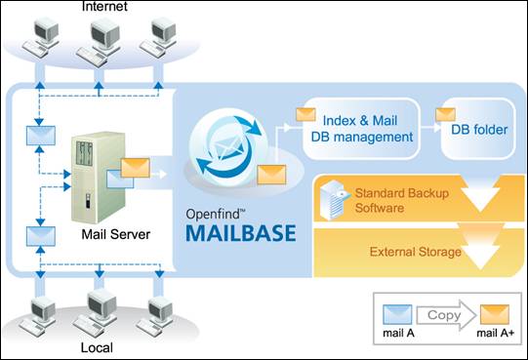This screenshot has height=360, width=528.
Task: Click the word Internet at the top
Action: pos(104,7)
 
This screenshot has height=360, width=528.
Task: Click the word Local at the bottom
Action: pos(97,348)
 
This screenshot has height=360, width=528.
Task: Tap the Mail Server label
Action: pos(116,234)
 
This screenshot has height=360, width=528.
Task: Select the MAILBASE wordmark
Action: pos(241,233)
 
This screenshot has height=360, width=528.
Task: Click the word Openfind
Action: pos(213,215)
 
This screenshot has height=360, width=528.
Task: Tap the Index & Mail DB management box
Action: pos(362,129)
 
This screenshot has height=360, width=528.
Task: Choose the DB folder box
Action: pos(478,129)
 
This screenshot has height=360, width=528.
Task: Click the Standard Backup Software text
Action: pos(402,200)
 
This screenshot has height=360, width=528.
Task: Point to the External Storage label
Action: pos(415,252)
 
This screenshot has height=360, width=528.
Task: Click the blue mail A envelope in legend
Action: pos(397,314)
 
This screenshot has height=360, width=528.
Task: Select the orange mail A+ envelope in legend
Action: pos(495,314)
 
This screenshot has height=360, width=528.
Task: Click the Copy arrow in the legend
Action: pos(446,315)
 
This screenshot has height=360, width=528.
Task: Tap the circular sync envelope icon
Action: pos(229,146)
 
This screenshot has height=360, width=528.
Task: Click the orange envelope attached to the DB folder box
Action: pos(445,115)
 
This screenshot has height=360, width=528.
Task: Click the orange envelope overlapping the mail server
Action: pos(136,168)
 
